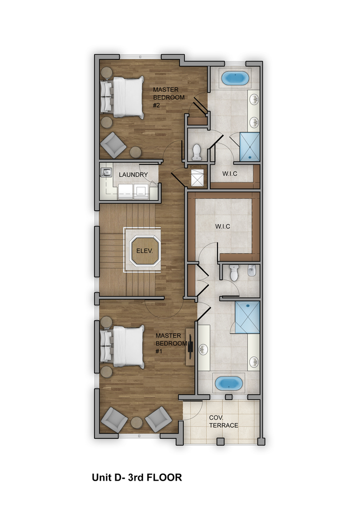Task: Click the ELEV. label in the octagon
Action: (144, 251)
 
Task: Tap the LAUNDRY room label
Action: (133, 175)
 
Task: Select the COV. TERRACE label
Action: (223, 421)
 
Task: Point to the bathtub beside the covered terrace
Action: (228, 383)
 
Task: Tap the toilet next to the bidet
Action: (234, 273)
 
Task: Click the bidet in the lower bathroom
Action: (252, 270)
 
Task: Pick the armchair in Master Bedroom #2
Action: (113, 145)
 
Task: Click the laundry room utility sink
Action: (106, 172)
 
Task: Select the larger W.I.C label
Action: (222, 226)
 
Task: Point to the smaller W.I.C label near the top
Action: (229, 174)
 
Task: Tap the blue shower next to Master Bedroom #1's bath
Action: (247, 317)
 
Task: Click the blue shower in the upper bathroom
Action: (250, 146)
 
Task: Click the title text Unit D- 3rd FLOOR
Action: (137, 477)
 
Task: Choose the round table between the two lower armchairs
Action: (137, 423)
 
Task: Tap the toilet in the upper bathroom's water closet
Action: (197, 152)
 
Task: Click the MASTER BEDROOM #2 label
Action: (169, 97)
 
